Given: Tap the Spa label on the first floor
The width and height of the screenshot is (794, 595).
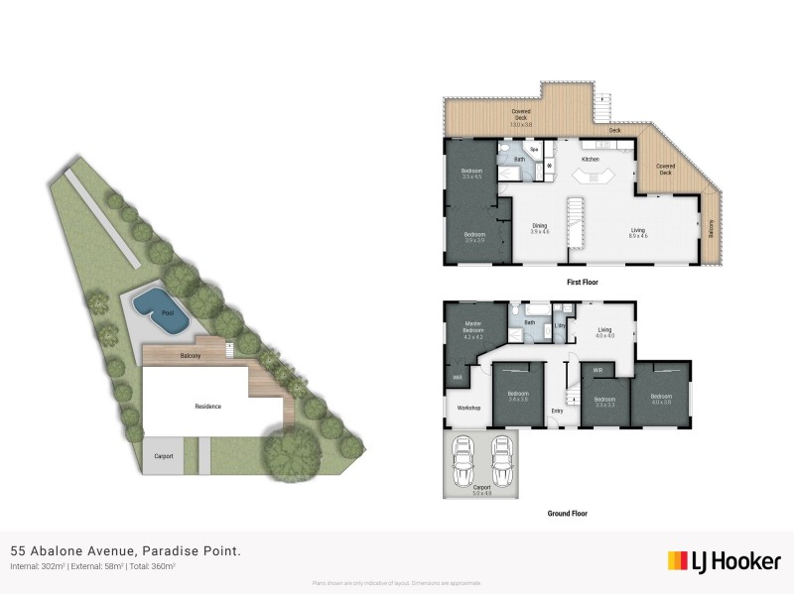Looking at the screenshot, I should point(533,150).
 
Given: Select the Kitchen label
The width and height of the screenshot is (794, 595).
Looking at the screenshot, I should point(591,160).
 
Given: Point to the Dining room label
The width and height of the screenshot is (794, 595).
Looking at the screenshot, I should point(539,225).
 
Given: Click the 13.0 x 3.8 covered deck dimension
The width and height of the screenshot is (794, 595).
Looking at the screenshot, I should point(521,125).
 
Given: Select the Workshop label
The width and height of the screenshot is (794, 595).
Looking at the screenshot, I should point(469,408).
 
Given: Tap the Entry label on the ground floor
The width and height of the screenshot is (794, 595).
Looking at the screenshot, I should point(557,411).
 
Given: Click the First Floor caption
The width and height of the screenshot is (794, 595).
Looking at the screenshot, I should point(583,283).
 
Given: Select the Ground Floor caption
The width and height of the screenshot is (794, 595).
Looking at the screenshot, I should point(568,514).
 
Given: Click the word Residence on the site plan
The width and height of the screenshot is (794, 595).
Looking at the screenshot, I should point(207,406).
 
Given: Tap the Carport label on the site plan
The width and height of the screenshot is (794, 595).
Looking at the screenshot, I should point(164,456).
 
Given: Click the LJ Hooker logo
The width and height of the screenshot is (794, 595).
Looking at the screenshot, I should point(724,561).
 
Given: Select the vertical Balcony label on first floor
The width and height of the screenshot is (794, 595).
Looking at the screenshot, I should point(711,227).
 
